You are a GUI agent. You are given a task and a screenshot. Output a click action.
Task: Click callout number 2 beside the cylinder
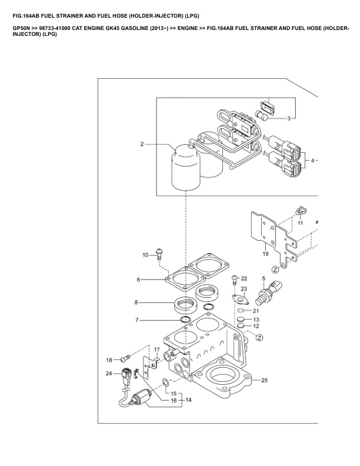(142, 144)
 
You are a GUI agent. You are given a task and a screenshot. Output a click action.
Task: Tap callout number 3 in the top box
(289, 119)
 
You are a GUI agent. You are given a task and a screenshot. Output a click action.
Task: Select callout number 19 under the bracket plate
(265, 255)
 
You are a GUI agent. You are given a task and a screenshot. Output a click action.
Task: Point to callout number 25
(264, 380)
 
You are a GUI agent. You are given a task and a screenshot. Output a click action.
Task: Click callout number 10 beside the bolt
(146, 255)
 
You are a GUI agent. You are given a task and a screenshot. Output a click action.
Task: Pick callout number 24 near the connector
(109, 373)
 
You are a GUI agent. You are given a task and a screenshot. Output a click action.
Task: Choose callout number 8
(136, 302)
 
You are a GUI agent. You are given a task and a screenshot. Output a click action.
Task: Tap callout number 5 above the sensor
(264, 277)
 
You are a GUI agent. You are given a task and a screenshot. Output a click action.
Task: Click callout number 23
(244, 289)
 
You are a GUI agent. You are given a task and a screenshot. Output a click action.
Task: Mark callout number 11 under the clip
(300, 224)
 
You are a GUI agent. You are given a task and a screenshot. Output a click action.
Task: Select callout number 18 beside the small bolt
(109, 360)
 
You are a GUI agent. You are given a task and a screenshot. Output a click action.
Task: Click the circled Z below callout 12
(259, 338)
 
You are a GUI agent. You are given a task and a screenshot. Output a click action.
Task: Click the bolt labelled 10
(159, 254)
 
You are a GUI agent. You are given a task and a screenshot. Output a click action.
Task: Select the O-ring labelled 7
(186, 319)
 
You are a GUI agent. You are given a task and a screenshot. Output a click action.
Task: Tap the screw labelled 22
(235, 279)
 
